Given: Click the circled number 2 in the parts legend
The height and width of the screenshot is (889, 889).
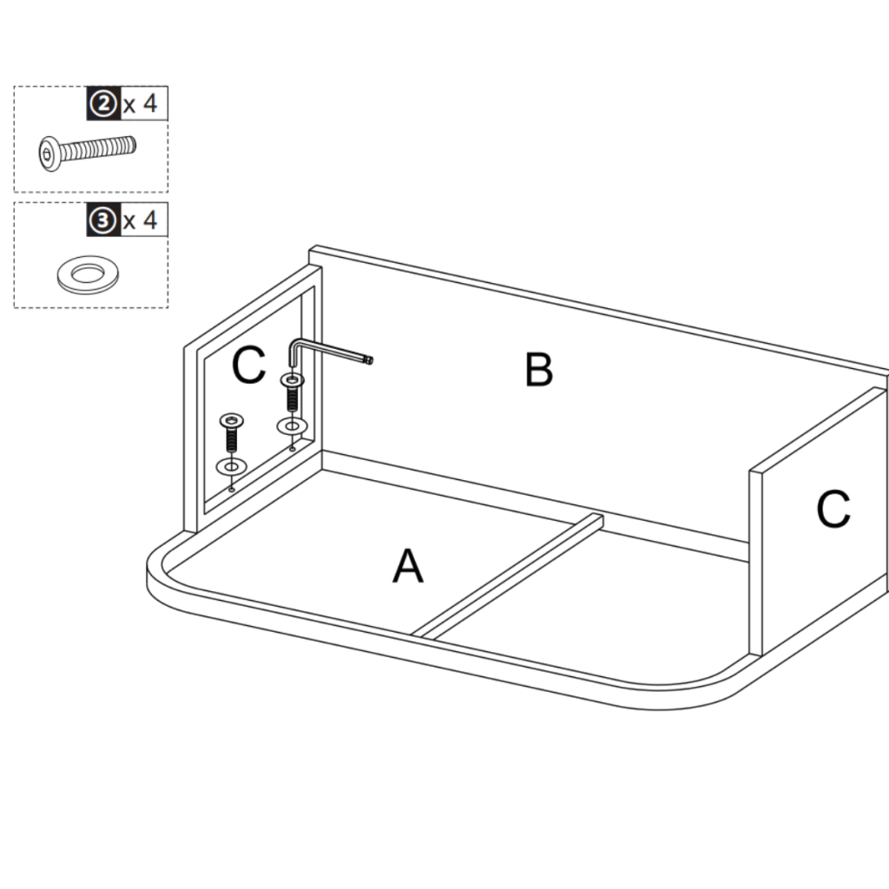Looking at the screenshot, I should pyautogui.click(x=102, y=104).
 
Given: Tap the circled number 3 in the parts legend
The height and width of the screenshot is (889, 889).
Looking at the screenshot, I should pyautogui.click(x=102, y=221).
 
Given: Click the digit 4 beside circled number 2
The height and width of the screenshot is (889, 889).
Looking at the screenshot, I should pyautogui.click(x=149, y=104).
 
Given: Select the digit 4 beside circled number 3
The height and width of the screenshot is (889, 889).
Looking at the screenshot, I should pyautogui.click(x=149, y=221).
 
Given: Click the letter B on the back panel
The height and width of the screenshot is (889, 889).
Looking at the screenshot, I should pyautogui.click(x=538, y=371).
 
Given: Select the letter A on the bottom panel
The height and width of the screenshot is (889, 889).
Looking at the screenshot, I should pyautogui.click(x=407, y=568).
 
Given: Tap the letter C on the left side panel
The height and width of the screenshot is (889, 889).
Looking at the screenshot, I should pyautogui.click(x=248, y=366).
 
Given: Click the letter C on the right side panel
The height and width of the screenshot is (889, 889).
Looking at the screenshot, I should pyautogui.click(x=833, y=510).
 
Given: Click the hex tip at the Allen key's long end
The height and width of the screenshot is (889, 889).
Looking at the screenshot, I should pyautogui.click(x=369, y=359).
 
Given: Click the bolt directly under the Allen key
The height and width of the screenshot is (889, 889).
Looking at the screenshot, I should pyautogui.click(x=291, y=392).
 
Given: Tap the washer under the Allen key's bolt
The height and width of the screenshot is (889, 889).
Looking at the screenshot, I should pyautogui.click(x=291, y=427).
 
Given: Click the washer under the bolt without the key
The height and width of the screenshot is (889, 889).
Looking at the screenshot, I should pyautogui.click(x=231, y=467).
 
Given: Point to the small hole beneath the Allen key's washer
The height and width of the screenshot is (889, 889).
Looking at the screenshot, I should pyautogui.click(x=292, y=448).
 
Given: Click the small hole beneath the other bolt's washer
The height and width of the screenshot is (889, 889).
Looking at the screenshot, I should pyautogui.click(x=231, y=488).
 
